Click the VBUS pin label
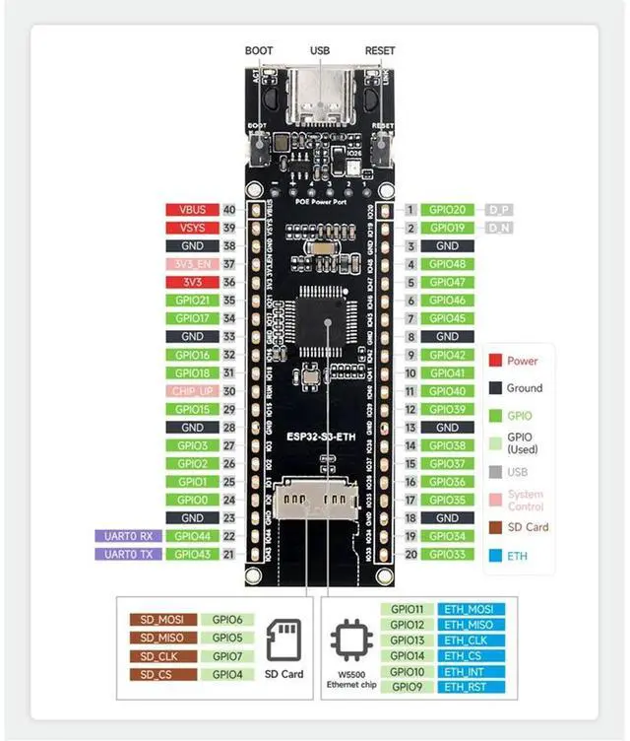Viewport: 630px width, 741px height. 193,210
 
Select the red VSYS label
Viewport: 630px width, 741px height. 193,228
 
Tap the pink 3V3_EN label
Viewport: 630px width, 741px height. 193,264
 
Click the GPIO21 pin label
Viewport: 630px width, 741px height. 193,300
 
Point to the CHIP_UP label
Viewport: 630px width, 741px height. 193,391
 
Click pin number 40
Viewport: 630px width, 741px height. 229,210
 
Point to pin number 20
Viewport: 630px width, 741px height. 410,554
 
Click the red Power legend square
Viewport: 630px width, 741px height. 496,361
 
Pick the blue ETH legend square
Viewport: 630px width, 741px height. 496,557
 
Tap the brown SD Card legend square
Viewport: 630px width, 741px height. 496,527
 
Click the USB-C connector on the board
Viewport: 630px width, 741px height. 319,97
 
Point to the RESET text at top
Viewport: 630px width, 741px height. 380,51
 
